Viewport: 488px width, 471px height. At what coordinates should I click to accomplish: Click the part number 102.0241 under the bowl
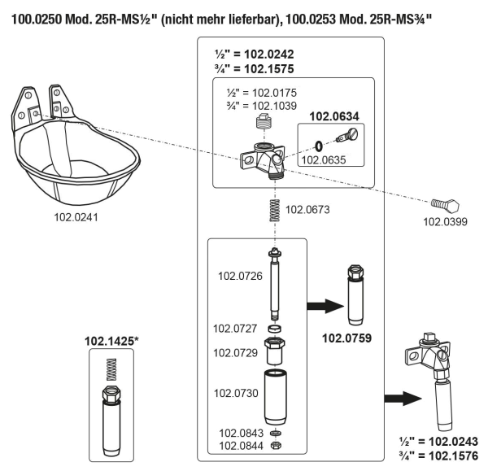[76, 217]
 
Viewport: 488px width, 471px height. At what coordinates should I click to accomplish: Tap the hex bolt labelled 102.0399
[446, 204]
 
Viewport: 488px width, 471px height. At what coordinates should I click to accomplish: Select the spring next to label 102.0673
[275, 210]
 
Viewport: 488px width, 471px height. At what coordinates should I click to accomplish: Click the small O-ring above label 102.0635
[318, 146]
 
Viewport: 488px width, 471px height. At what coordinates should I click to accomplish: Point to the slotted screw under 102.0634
[347, 135]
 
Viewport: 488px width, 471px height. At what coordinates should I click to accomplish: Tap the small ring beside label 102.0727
[275, 329]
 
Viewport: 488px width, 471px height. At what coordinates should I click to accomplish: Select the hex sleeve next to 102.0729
[274, 351]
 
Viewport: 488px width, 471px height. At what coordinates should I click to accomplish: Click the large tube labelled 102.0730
[275, 397]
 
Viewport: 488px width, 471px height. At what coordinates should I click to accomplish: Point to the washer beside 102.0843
[276, 433]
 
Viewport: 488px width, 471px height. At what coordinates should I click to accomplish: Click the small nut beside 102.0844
[276, 445]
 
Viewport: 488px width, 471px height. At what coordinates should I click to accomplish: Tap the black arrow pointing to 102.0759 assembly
[325, 306]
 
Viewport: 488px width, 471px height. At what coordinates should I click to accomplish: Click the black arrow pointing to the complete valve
[403, 398]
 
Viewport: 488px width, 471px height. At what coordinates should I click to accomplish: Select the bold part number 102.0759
[346, 338]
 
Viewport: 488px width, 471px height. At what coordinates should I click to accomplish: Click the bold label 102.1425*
[111, 341]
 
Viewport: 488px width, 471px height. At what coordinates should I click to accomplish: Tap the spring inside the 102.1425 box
[111, 369]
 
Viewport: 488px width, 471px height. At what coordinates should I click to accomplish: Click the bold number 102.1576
[453, 456]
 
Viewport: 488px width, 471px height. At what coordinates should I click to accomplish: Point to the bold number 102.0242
[269, 55]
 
